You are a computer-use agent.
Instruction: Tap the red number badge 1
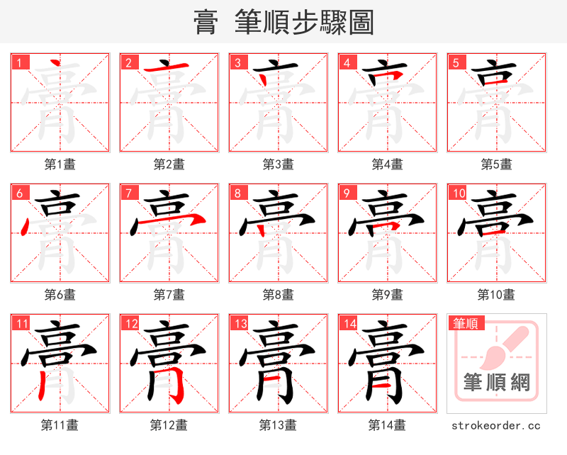[18, 62]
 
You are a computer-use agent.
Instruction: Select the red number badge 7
[128, 193]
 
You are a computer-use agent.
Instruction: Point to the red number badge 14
[348, 324]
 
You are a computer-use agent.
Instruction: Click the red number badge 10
[458, 193]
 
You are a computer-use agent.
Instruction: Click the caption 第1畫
[60, 164]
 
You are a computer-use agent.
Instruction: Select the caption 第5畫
[496, 164]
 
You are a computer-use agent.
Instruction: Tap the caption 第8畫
[278, 294]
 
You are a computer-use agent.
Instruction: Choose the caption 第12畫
[169, 425]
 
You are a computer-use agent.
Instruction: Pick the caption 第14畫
[387, 425]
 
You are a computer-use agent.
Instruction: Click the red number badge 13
[239, 324]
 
